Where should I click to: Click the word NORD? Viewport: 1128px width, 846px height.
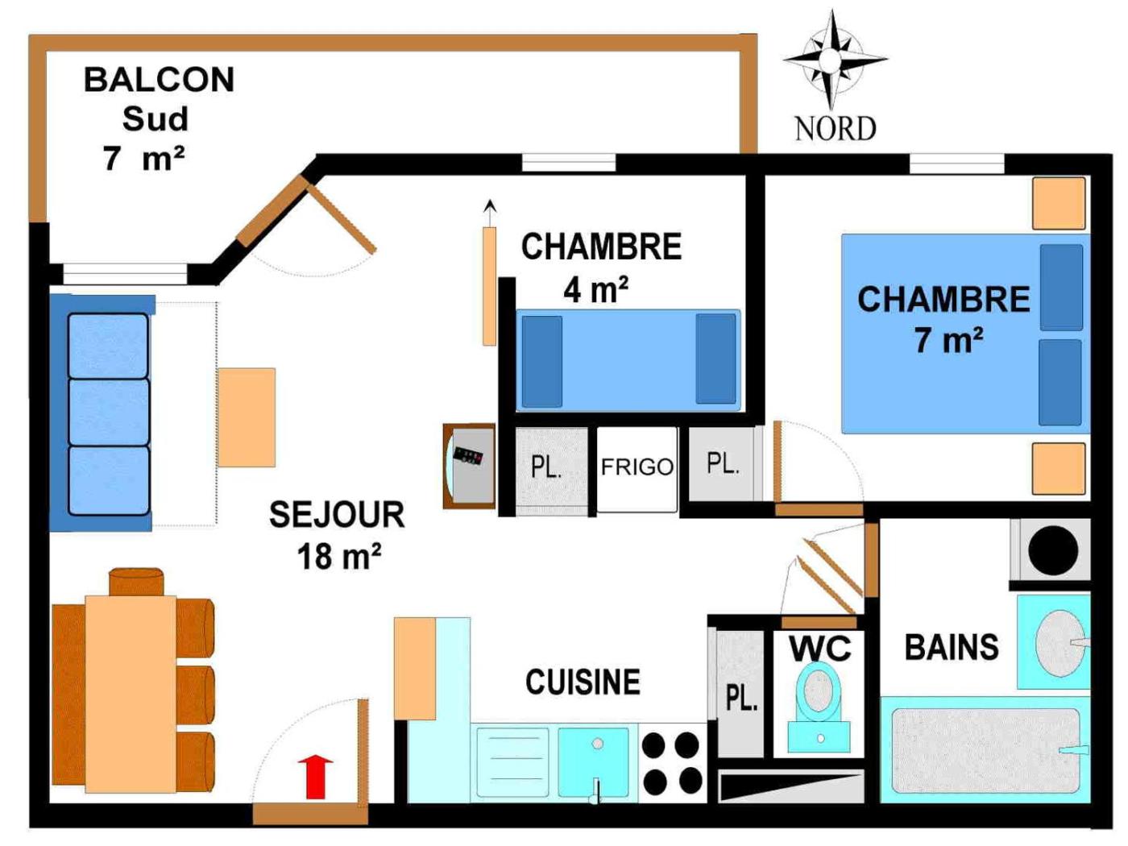(x=835, y=129)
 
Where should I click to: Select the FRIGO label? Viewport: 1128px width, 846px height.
(x=637, y=467)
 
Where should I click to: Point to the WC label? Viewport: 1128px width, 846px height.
(x=819, y=649)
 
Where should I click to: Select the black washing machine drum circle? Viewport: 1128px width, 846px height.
(x=1052, y=551)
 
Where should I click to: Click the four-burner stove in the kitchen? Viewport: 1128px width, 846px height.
(x=671, y=763)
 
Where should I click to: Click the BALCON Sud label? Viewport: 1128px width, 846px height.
(x=158, y=118)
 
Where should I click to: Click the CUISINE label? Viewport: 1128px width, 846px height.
(x=583, y=682)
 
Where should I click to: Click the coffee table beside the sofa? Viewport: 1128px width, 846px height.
(x=247, y=417)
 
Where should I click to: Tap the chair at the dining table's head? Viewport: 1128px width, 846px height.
(x=136, y=582)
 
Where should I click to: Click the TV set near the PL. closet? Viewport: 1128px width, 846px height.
(x=469, y=466)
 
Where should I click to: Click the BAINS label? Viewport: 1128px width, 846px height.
(x=952, y=648)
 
